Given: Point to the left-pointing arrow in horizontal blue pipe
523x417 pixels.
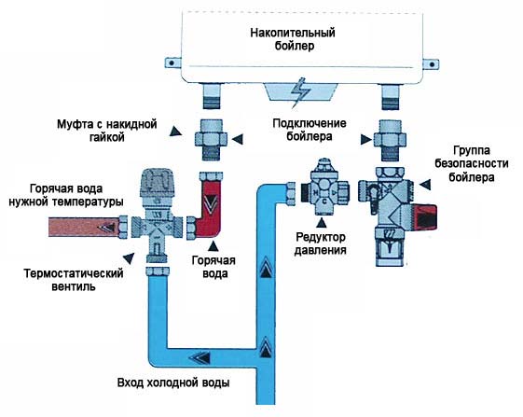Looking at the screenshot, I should click(x=200, y=356).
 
